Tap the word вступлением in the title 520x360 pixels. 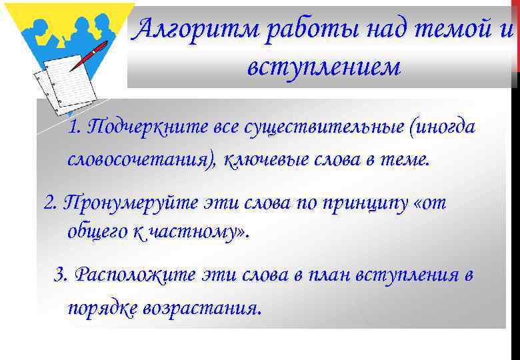click(323, 67)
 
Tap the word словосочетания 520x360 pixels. click(141, 161)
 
